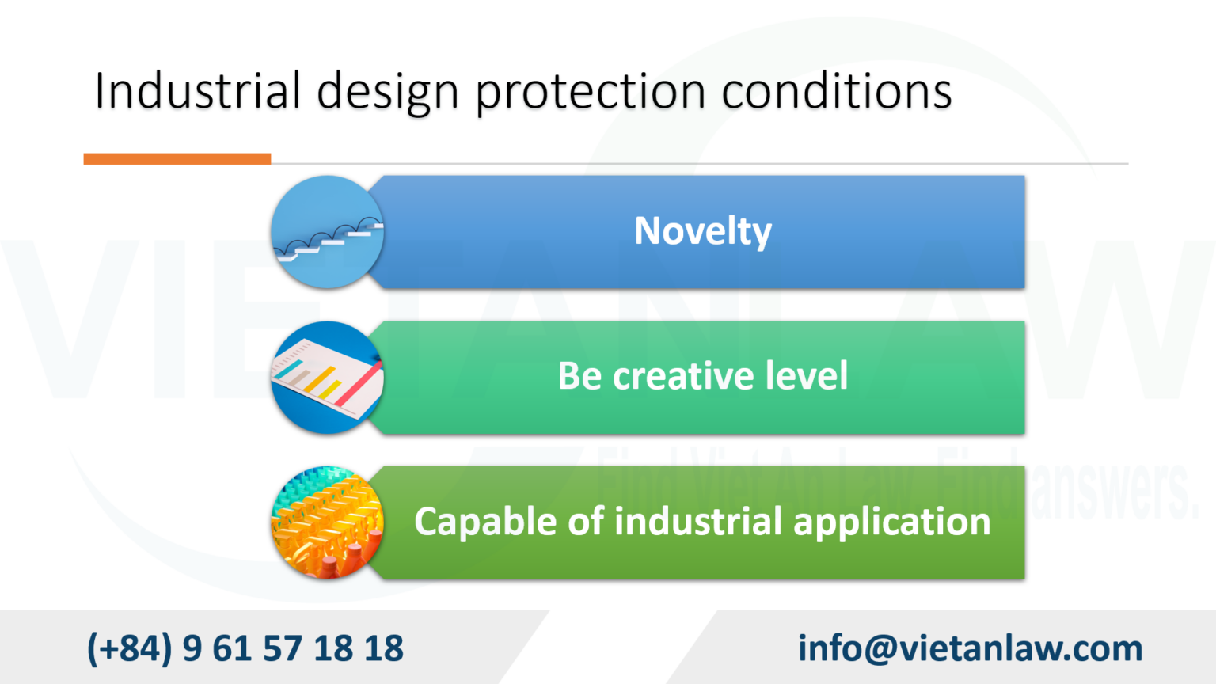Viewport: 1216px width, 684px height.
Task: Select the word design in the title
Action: point(387,92)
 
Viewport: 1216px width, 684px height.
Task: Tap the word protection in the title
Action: point(590,92)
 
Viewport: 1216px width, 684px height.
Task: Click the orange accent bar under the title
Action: point(177,159)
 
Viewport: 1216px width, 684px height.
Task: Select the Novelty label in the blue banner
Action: point(702,231)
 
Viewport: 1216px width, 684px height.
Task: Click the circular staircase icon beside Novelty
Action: point(327,232)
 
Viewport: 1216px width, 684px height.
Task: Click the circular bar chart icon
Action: point(327,378)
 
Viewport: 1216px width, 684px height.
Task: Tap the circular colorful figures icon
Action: point(327,522)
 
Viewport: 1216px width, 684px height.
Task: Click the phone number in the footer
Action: point(245,648)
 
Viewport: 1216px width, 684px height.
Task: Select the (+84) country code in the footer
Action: point(129,648)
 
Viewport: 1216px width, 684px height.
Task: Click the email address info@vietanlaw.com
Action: point(970,648)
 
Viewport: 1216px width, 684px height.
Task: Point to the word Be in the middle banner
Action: point(580,376)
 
